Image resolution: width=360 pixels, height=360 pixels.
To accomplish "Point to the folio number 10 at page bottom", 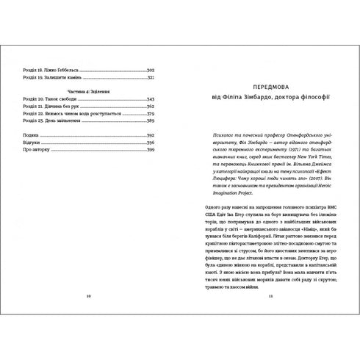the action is coord(88,295).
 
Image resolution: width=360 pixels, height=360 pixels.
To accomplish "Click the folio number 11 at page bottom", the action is coord(270,295).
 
